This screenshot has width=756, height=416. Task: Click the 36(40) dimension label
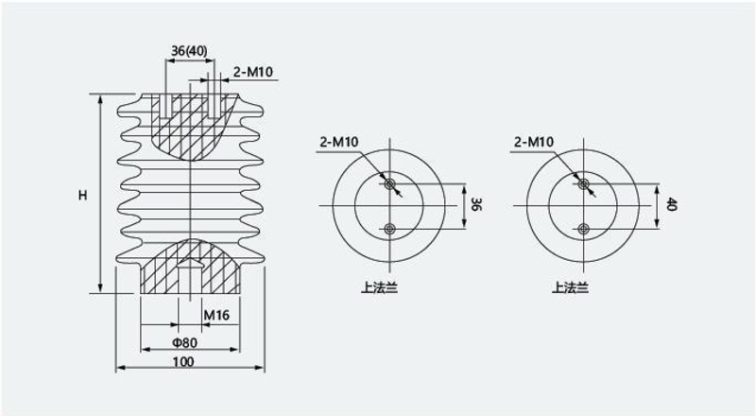point(189,51)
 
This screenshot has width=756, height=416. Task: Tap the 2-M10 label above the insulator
point(253,72)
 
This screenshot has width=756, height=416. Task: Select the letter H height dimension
point(83,195)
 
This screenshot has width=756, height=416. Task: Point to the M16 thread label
point(216,315)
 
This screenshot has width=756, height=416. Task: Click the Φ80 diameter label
point(185,342)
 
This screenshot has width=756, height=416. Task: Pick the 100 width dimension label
point(183,361)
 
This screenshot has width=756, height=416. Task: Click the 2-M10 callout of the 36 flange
point(339,142)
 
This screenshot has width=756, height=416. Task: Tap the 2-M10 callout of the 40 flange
point(534,142)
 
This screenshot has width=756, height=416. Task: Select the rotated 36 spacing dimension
point(475,204)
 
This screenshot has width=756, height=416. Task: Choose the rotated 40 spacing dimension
point(671,204)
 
